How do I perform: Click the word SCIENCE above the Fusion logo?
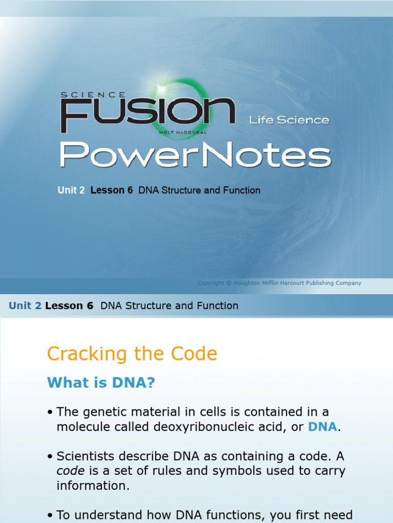93,95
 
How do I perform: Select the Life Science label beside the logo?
289,120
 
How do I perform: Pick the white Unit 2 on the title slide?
71,191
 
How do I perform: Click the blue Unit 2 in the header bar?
25,306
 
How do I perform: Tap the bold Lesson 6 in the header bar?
69,306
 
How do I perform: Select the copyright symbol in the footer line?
228,283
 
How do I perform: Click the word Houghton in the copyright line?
251,283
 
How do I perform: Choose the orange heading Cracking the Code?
132,354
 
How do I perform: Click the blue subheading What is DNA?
101,383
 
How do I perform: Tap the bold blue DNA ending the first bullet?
322,427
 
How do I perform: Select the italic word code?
68,471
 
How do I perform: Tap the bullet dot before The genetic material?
50,412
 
